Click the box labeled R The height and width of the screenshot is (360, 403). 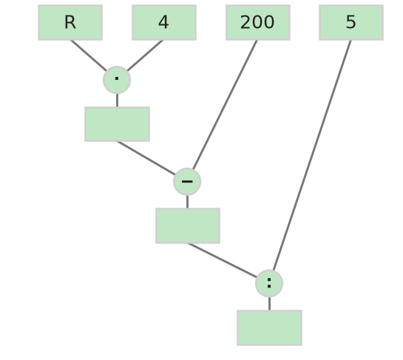[x=70, y=23]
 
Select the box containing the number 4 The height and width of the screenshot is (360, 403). [x=164, y=23]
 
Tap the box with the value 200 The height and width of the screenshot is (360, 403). [x=258, y=23]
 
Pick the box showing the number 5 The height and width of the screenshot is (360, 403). [x=351, y=23]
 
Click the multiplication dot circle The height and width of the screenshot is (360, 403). [x=117, y=80]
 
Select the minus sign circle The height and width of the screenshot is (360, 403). [x=187, y=182]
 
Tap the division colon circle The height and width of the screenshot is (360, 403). [x=269, y=283]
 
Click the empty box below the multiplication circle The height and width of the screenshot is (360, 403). [x=117, y=124]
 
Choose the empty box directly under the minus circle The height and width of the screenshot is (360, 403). [x=188, y=226]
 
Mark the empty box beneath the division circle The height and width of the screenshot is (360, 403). [x=269, y=328]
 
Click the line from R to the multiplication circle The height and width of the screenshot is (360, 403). [x=89, y=55]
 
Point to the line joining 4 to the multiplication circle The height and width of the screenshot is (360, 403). [x=145, y=55]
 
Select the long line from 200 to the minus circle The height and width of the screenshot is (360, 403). [x=225, y=104]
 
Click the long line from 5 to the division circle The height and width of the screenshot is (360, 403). [x=312, y=155]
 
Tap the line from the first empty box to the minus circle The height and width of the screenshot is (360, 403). [x=146, y=158]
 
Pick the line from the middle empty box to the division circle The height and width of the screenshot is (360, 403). [x=223, y=260]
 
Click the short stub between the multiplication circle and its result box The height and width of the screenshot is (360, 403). [x=117, y=101]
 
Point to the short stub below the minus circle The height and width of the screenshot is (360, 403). [x=187, y=202]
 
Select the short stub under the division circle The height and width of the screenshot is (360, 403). [x=269, y=304]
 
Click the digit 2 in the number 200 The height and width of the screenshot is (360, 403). [x=245, y=22]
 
